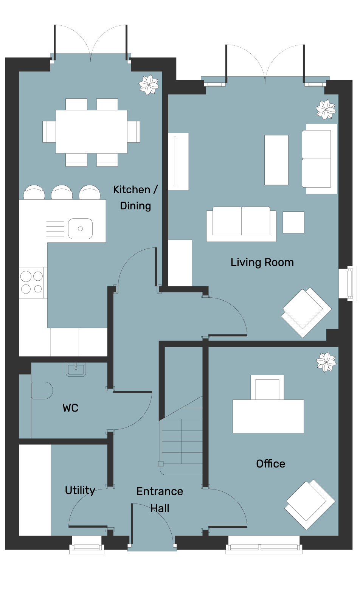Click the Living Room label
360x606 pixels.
(x=262, y=263)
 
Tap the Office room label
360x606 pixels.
(x=270, y=464)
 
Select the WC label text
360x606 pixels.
(x=70, y=408)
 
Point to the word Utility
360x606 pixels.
(x=80, y=490)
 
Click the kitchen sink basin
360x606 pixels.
(x=80, y=229)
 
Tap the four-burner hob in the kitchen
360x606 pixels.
(x=32, y=283)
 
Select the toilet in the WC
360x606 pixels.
(x=42, y=390)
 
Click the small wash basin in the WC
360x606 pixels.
(x=76, y=369)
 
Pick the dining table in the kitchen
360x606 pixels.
(x=92, y=132)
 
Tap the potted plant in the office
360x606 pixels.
(x=326, y=362)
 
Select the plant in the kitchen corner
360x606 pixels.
(x=149, y=85)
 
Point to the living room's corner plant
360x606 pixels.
(x=326, y=110)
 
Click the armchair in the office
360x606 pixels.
(x=310, y=505)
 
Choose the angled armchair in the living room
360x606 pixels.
(x=306, y=312)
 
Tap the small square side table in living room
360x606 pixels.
(x=293, y=222)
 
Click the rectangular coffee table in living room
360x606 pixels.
(x=276, y=160)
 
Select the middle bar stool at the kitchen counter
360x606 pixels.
(x=62, y=192)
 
